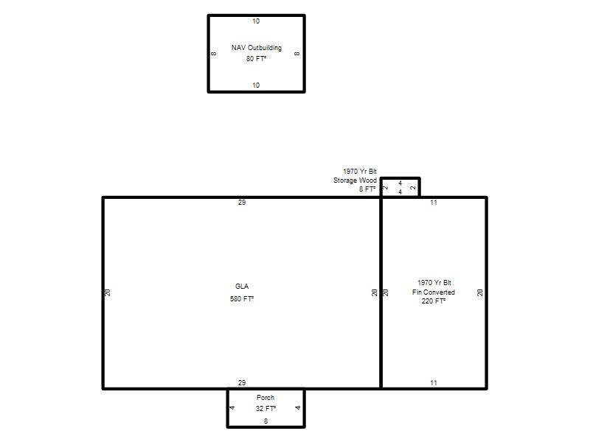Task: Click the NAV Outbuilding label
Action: (x=256, y=48)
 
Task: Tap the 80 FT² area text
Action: (x=256, y=59)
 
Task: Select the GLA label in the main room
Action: (x=242, y=287)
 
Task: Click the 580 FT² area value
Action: (x=242, y=299)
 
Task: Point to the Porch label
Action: (x=265, y=397)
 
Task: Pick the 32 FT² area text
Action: (x=265, y=409)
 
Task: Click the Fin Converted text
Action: (x=434, y=292)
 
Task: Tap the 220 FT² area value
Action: (x=434, y=301)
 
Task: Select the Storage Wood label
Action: (x=355, y=180)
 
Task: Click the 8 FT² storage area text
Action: (x=367, y=189)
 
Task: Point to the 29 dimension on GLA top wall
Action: (x=242, y=203)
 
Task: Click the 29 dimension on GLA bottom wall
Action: (x=242, y=382)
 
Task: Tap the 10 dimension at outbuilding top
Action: (x=256, y=21)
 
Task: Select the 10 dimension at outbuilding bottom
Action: (x=256, y=85)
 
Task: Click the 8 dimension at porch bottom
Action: (x=265, y=421)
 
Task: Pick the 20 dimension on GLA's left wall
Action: (x=108, y=292)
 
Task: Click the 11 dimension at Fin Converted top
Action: (x=434, y=203)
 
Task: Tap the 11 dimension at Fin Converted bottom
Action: (x=434, y=382)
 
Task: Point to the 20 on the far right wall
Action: (x=480, y=292)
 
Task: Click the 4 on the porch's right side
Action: (x=298, y=408)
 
